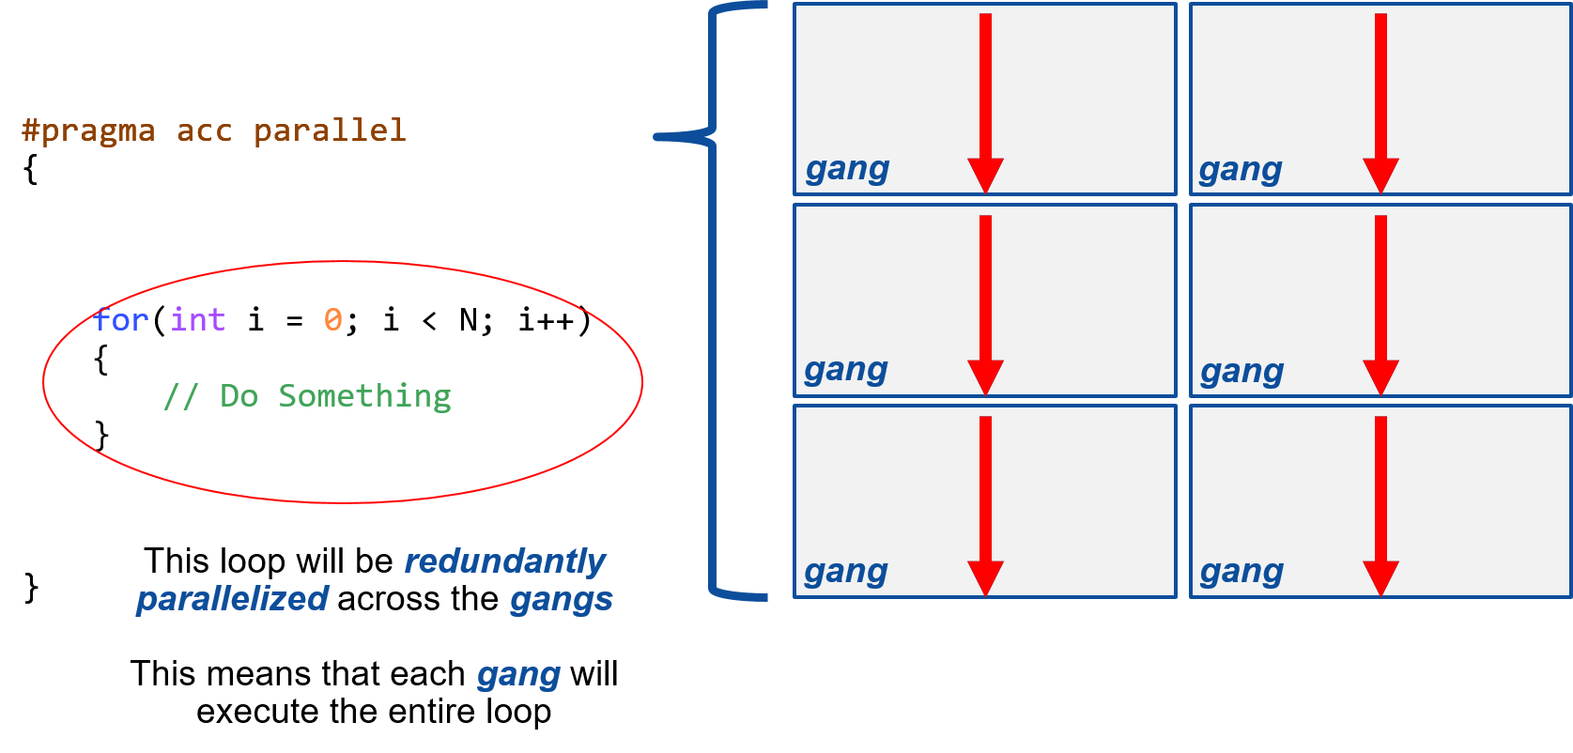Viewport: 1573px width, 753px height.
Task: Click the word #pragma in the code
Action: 88,131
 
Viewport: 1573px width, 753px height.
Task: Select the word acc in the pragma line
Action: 204,131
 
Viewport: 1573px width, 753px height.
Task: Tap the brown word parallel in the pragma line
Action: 330,131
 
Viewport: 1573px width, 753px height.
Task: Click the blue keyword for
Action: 121,320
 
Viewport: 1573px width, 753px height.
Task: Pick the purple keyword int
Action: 198,320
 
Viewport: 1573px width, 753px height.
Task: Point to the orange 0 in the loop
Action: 333,320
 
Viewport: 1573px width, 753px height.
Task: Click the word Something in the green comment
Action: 364,396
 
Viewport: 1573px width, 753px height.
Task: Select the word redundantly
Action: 504,561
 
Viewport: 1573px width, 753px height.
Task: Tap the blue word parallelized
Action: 232,599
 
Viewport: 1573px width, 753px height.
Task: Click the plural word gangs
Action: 561,600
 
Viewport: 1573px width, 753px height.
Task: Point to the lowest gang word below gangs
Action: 518,675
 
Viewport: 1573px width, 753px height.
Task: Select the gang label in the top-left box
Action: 847,169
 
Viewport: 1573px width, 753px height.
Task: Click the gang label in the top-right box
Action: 1240,170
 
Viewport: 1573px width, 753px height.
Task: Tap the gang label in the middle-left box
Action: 845,370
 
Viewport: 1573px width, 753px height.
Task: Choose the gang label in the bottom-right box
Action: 1241,572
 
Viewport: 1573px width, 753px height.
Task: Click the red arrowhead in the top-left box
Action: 985,175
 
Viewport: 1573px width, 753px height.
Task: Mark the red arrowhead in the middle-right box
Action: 1380,376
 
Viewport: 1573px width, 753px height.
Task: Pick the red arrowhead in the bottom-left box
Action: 985,577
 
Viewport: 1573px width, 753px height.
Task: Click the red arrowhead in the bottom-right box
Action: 1380,577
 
